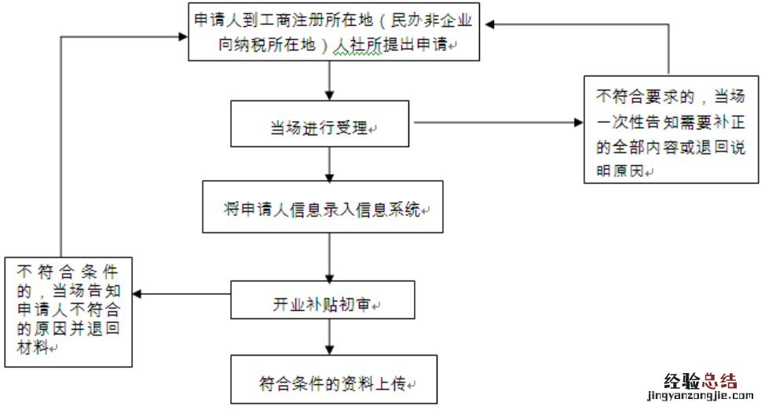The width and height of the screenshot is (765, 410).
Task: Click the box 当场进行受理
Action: [x=320, y=124]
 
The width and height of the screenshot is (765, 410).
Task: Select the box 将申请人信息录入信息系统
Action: [x=322, y=207]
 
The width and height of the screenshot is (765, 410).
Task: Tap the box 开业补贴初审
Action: [x=322, y=299]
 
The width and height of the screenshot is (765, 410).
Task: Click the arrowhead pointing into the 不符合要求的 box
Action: [x=578, y=123]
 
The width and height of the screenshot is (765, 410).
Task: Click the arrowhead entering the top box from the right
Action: [x=490, y=24]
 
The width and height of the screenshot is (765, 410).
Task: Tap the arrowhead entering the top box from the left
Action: [x=183, y=35]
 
